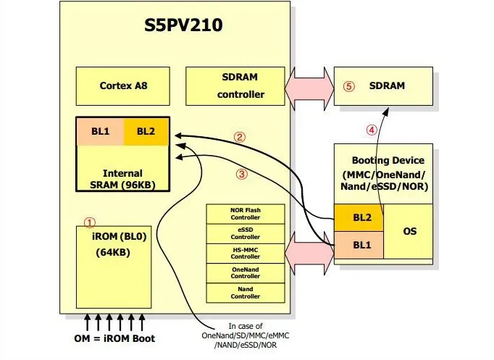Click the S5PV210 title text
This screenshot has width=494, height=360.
coord(183,25)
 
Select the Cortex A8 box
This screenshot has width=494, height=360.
coord(123,86)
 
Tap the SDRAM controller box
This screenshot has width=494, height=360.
coord(235,86)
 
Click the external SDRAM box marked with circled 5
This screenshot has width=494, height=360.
coord(383,86)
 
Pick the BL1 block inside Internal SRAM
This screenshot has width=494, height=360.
coord(101,131)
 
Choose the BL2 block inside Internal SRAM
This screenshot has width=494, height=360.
coord(146,131)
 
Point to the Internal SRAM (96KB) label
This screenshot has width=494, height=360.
coord(122,179)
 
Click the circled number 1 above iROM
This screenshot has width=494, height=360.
coord(90,222)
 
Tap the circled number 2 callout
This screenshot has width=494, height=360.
coord(240,137)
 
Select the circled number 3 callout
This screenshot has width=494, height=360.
coord(242,174)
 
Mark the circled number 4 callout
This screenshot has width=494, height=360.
coord(372,130)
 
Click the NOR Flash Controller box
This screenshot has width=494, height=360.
coord(246,214)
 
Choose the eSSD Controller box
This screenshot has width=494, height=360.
coord(246,234)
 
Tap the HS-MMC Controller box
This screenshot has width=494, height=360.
coord(246,254)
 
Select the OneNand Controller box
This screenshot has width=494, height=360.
coord(246,273)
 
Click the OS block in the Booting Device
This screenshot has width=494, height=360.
coord(409,231)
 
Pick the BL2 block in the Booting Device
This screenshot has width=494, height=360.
coord(359,217)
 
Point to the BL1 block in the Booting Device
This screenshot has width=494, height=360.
coord(359,245)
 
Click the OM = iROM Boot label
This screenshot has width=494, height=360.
coord(114,338)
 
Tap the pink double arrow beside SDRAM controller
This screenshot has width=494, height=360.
coord(309,89)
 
